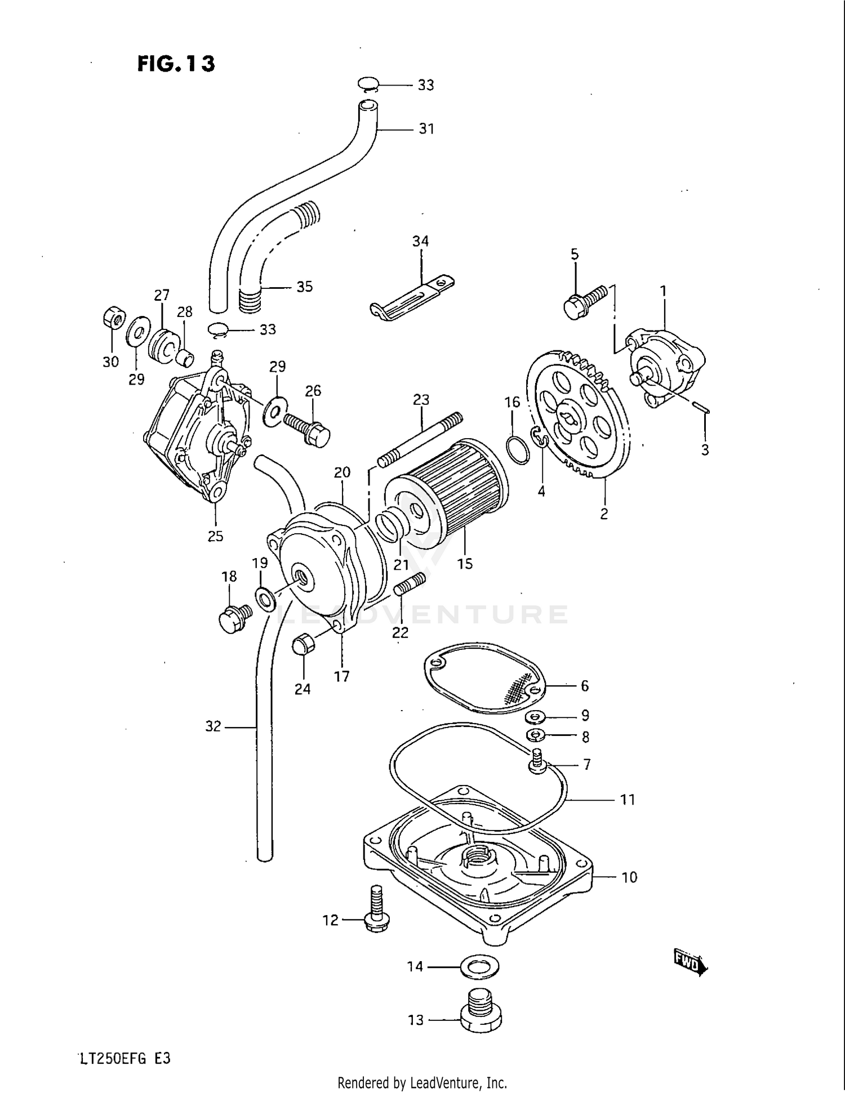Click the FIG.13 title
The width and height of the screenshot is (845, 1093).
click(x=175, y=64)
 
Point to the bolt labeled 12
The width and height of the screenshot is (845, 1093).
click(x=376, y=908)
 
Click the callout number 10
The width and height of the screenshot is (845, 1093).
click(x=629, y=877)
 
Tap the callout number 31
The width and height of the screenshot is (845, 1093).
click(x=426, y=129)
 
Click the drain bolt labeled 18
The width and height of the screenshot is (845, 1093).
click(x=234, y=618)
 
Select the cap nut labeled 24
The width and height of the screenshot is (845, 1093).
click(x=303, y=644)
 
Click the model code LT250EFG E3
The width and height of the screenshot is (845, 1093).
click(x=125, y=1059)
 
